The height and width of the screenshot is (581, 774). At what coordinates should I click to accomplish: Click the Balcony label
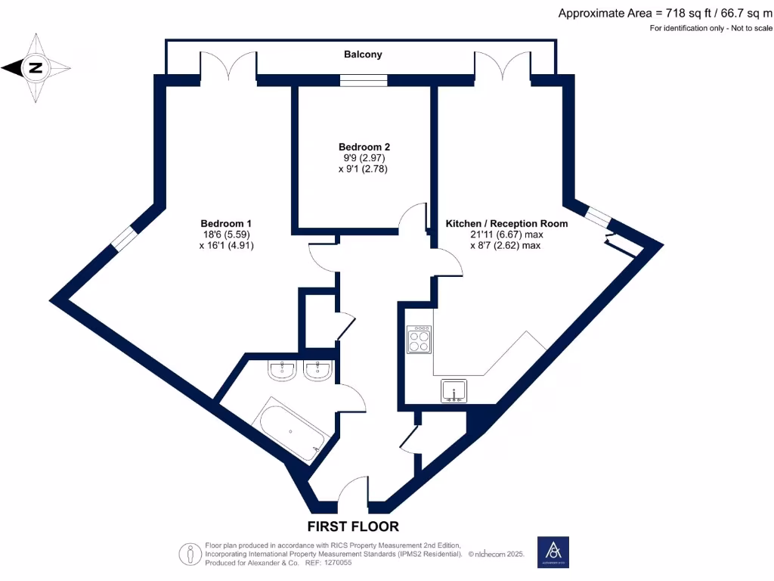(x=363, y=54)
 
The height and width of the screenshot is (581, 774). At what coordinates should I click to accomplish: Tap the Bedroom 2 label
(x=364, y=147)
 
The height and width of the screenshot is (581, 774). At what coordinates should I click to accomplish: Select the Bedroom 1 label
(x=226, y=223)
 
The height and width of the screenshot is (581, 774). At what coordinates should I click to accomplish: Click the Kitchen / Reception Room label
(x=506, y=224)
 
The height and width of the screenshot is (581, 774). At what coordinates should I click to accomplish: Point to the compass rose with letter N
(x=35, y=68)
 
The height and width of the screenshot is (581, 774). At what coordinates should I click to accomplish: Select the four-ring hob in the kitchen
(x=418, y=339)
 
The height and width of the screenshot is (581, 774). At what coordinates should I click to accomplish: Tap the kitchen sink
(x=454, y=390)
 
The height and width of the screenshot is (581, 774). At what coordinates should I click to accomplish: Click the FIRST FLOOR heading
(x=353, y=527)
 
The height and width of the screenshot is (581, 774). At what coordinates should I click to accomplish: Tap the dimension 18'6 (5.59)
(x=226, y=235)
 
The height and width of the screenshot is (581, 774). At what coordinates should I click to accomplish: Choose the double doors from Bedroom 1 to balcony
(x=229, y=67)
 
